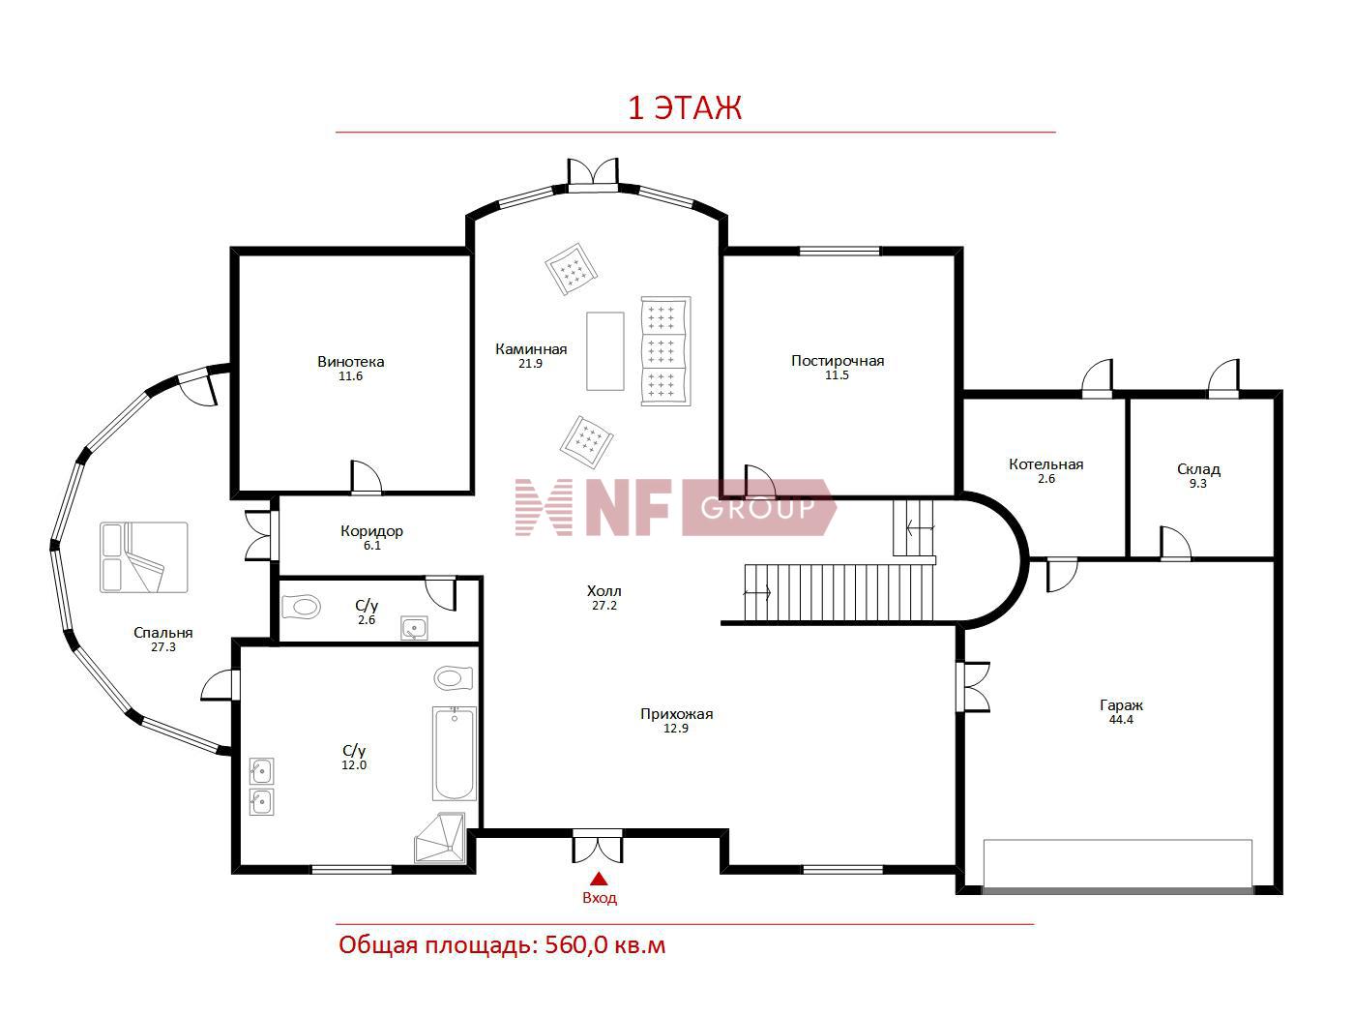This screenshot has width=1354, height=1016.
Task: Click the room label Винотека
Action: pyautogui.click(x=350, y=362)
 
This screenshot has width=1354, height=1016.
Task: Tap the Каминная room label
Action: pyautogui.click(x=531, y=349)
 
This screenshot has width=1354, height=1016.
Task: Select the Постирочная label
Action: pyautogui.click(x=838, y=361)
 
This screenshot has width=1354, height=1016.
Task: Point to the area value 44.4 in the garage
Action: pyautogui.click(x=1121, y=719)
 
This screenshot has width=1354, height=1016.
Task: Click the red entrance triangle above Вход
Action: pyautogui.click(x=599, y=879)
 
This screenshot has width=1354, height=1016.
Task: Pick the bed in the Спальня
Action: pyautogui.click(x=144, y=557)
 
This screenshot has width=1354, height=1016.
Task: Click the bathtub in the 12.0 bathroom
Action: pyautogui.click(x=454, y=753)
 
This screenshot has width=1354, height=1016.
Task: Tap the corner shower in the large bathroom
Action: pyautogui.click(x=440, y=837)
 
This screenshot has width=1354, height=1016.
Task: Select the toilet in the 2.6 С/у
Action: pyautogui.click(x=301, y=607)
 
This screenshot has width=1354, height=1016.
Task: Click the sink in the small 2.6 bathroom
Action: pyautogui.click(x=414, y=628)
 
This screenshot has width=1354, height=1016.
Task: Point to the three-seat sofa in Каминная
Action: pyautogui.click(x=665, y=351)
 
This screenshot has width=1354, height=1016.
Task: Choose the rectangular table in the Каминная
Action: pyautogui.click(x=604, y=351)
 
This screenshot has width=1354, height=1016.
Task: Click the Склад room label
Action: pyautogui.click(x=1198, y=469)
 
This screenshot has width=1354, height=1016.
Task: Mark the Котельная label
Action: pyautogui.click(x=1045, y=464)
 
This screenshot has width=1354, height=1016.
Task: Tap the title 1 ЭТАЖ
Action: pyautogui.click(x=684, y=108)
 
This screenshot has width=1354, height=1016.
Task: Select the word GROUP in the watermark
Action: pyautogui.click(x=757, y=508)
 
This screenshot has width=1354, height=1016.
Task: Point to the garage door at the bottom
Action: pyautogui.click(x=1117, y=891)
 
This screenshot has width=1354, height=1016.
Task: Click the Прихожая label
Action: pyautogui.click(x=676, y=714)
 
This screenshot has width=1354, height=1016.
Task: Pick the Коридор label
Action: pyautogui.click(x=371, y=531)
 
